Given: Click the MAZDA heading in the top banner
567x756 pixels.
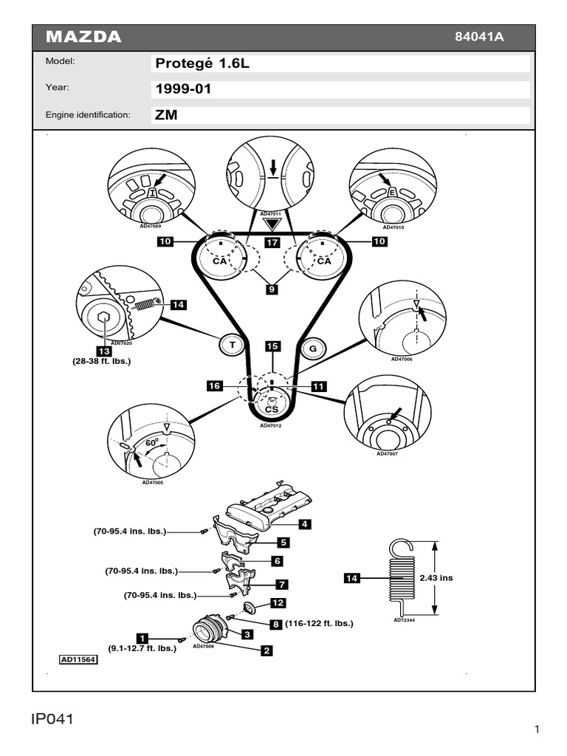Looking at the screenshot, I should pyautogui.click(x=84, y=38).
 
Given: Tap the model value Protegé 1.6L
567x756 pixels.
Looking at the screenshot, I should pyautogui.click(x=202, y=63).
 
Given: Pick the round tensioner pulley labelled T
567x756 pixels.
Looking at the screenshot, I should pyautogui.click(x=232, y=344).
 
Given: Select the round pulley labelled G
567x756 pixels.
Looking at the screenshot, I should pyautogui.click(x=312, y=347).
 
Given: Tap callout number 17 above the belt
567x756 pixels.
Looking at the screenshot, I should pyautogui.click(x=272, y=241).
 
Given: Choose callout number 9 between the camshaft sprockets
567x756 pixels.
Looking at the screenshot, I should pyautogui.click(x=272, y=290).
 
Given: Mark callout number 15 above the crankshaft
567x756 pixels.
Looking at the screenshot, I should pyautogui.click(x=272, y=346).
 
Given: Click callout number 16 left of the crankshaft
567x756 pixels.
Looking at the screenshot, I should pyautogui.click(x=214, y=385).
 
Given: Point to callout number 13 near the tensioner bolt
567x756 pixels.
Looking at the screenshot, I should pyautogui.click(x=104, y=351).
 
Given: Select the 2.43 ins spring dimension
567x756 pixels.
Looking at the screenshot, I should pyautogui.click(x=436, y=578).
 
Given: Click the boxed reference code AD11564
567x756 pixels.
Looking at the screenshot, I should pyautogui.click(x=78, y=660).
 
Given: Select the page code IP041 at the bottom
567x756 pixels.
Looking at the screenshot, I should pyautogui.click(x=54, y=719).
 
